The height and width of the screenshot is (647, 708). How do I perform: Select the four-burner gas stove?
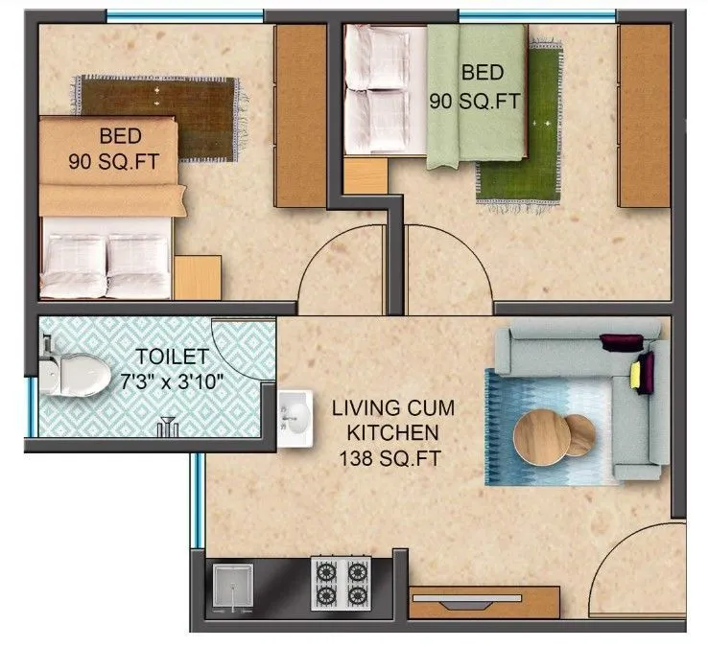(341, 583)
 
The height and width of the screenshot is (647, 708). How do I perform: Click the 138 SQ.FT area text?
(389, 460)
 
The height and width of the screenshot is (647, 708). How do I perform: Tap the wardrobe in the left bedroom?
(301, 115)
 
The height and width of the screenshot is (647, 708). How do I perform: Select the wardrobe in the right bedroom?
(644, 115)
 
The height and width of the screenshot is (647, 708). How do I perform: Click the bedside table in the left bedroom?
(197, 277)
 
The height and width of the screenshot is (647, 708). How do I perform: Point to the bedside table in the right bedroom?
(365, 177)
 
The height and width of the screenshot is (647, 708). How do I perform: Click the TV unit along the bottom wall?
(484, 601)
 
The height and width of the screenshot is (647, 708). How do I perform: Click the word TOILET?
(171, 358)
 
